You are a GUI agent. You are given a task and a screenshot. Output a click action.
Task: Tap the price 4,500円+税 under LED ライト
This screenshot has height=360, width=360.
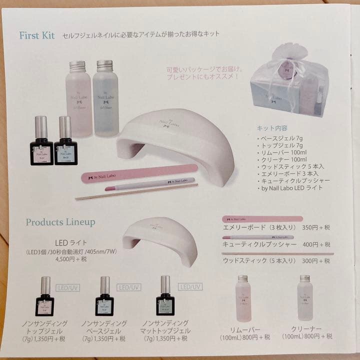coord(70,259)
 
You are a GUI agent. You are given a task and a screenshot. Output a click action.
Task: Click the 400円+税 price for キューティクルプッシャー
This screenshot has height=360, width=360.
coord(316,244)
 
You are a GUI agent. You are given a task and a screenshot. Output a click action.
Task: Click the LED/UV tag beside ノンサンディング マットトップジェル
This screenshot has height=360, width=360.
coord(190,286)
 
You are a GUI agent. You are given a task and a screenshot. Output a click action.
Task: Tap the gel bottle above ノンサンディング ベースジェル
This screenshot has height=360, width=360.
coord(104,296)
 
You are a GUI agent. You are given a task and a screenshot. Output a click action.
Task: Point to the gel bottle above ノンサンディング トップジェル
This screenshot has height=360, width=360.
coord(44,296)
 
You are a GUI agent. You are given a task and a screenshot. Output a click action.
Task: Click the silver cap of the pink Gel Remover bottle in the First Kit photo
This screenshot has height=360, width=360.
coord(77,65)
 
